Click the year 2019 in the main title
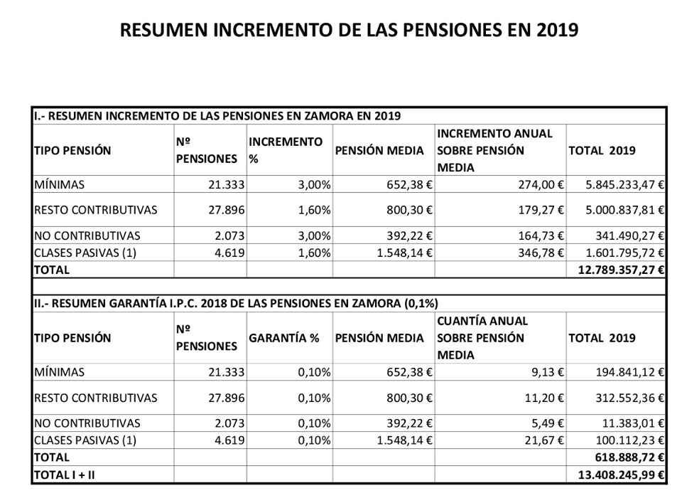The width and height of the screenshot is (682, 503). click(x=558, y=30)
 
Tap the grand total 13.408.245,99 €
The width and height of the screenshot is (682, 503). click(x=620, y=475)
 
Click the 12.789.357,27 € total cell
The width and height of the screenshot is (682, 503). click(x=620, y=270)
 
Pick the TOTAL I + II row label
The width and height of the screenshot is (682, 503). click(x=64, y=475)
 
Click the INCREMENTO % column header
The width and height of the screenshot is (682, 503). click(x=286, y=150)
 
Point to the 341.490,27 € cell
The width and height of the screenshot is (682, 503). click(x=629, y=235)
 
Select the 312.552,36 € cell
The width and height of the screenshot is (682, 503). click(x=629, y=398)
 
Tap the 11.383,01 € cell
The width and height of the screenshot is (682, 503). click(x=631, y=423)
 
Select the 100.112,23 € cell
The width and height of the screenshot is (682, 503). click(x=629, y=440)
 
